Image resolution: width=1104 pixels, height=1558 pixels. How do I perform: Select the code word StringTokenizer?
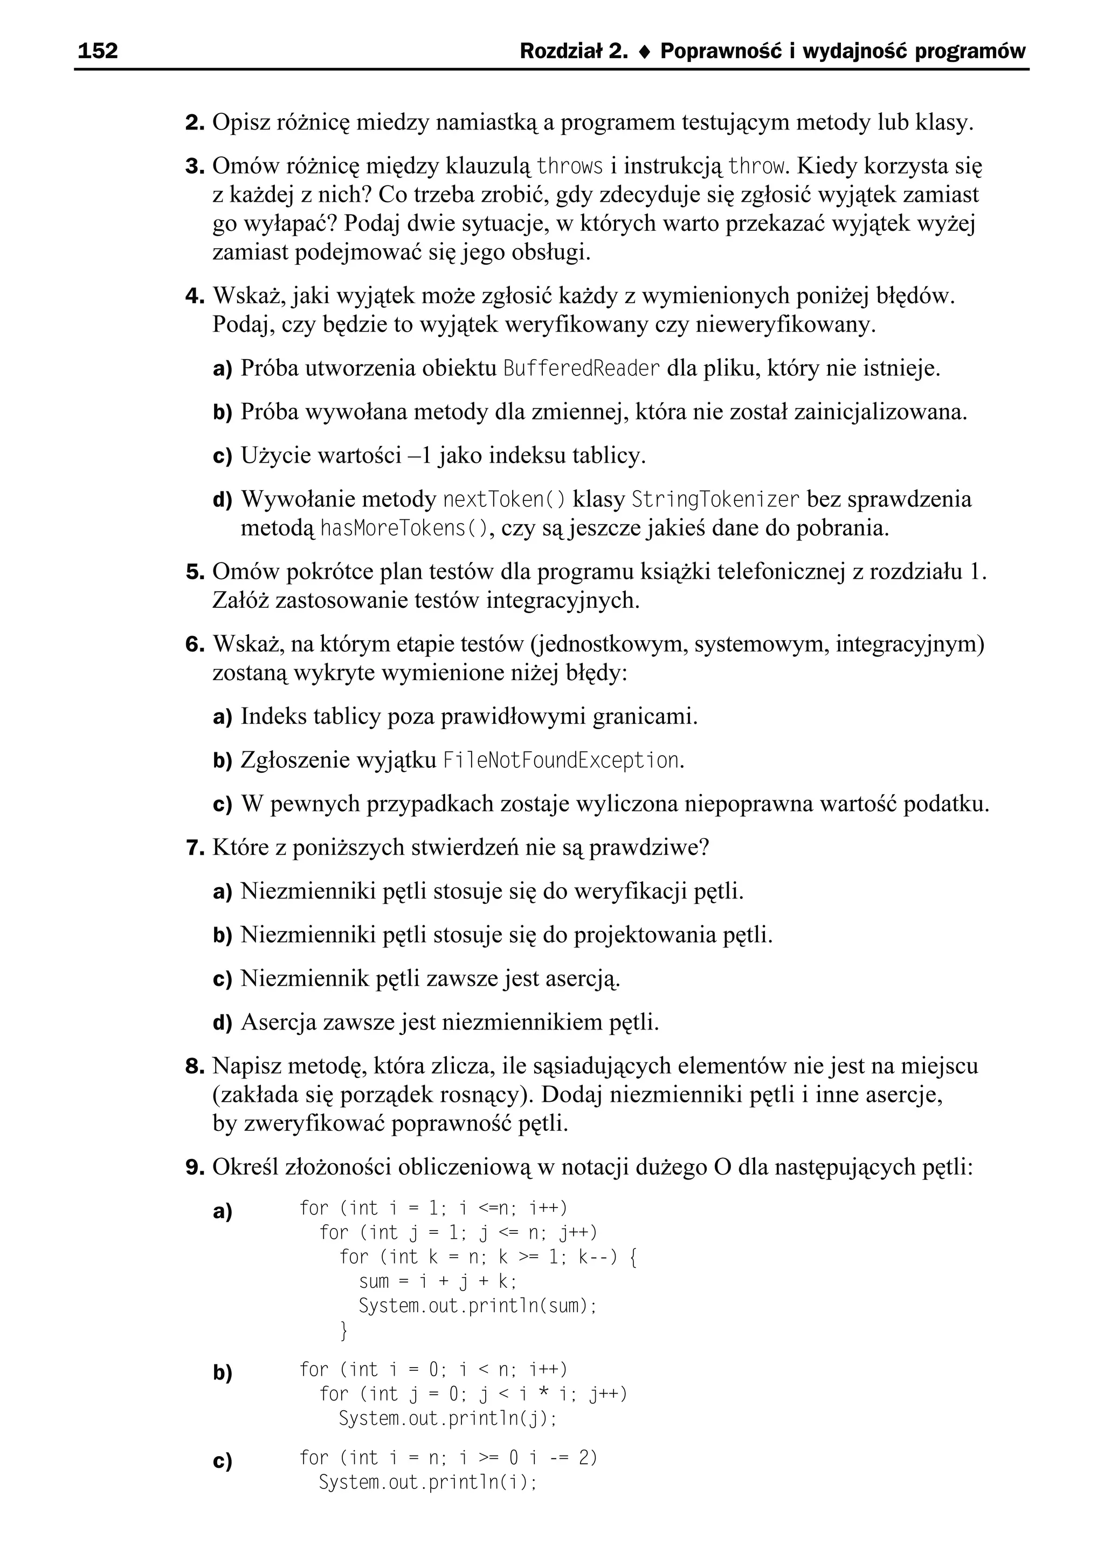tap(716, 499)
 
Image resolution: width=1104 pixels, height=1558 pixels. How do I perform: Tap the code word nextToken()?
tap(503, 499)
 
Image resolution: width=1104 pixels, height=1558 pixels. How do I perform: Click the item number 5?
tap(195, 573)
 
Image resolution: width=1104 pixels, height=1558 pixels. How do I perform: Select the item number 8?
tap(195, 1066)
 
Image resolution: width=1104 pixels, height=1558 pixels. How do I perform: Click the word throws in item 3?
tap(570, 166)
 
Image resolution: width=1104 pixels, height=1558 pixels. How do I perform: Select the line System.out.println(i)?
tap(427, 1482)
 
